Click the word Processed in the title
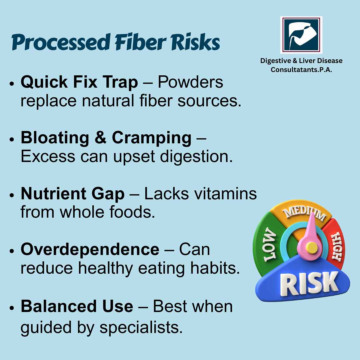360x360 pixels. point(61,42)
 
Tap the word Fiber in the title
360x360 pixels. point(141,42)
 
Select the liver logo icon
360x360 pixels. point(301,35)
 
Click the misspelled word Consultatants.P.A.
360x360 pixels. point(301,70)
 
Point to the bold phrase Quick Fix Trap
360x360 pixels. point(79,82)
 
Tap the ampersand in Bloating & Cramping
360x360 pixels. point(101,138)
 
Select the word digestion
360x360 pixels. point(196,157)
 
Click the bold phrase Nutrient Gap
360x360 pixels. point(73,194)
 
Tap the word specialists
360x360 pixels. point(141,327)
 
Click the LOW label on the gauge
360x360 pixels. point(270,244)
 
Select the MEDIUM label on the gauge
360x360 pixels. point(304,214)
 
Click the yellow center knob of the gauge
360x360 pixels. point(312,248)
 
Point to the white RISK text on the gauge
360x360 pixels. point(309,283)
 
